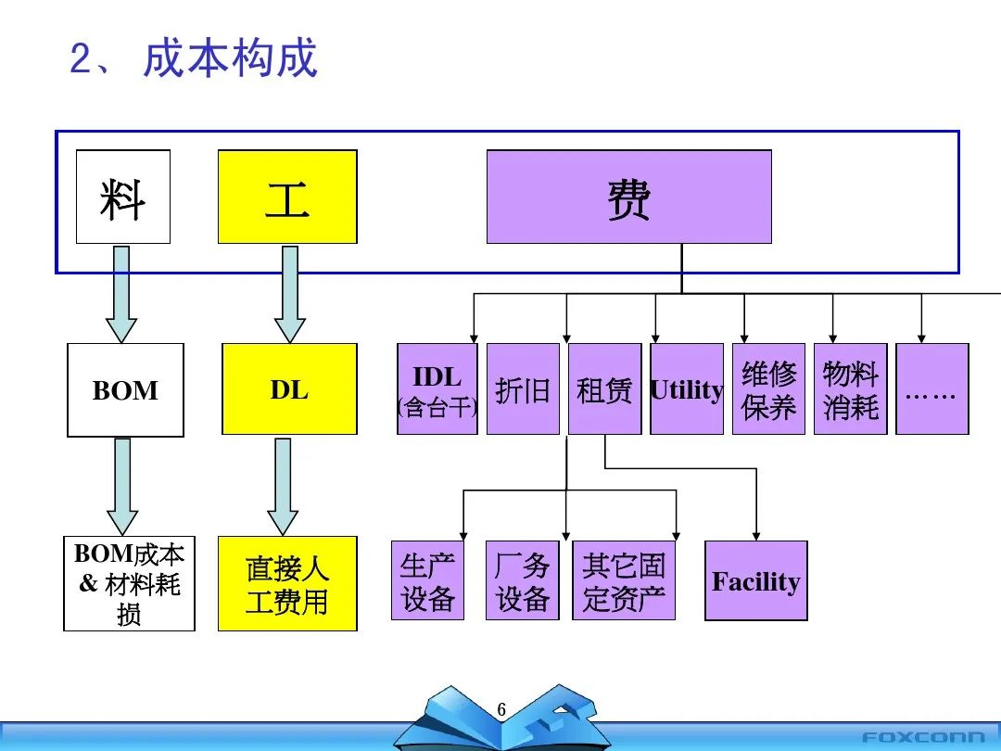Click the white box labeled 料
[x=123, y=197]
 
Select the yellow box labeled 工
[x=287, y=197]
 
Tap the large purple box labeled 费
[x=629, y=197]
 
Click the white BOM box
[x=125, y=390]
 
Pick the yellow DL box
[x=289, y=389]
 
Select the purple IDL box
[x=437, y=389]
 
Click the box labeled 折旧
[x=523, y=389]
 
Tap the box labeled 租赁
[x=604, y=389]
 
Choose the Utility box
[x=687, y=389]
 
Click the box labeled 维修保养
[x=768, y=389]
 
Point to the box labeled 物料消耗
[x=850, y=389]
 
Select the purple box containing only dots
[x=931, y=389]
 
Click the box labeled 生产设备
[x=427, y=580]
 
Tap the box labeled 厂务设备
[x=523, y=580]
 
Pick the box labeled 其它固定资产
[x=624, y=580]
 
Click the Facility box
[x=756, y=581]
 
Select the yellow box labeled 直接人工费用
[x=287, y=584]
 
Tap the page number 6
[x=501, y=710]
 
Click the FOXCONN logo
[x=923, y=737]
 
